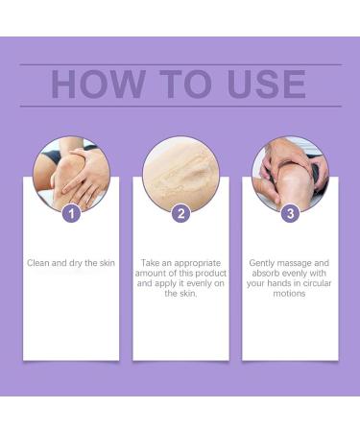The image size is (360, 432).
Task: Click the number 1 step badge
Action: click(70, 213)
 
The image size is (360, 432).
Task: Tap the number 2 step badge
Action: click(180, 213)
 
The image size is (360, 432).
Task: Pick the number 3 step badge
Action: click(290, 213)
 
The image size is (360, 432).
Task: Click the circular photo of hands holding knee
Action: click(71, 174)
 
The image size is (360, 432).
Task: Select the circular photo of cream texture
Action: click(180, 174)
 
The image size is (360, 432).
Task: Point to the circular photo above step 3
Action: click(290, 174)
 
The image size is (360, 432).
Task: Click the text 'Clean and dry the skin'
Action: click(71, 262)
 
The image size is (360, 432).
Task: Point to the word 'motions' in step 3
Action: click(290, 294)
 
